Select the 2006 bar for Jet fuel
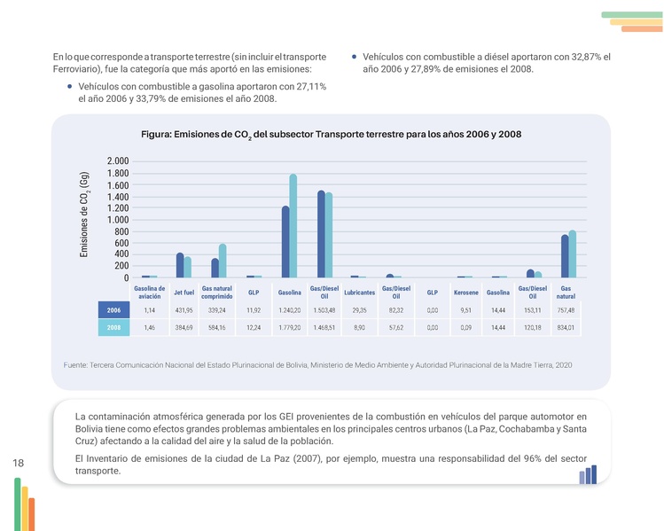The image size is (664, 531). tap(180, 266)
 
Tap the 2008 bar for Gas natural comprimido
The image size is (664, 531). tap(223, 262)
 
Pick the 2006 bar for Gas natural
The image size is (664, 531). tap(565, 256)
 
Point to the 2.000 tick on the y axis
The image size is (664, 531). tap(117, 161)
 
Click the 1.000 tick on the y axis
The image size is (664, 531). tap(117, 220)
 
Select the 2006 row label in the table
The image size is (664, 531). tap(113, 310)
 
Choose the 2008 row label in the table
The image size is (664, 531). tap(113, 328)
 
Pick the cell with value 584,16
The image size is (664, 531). tap(217, 328)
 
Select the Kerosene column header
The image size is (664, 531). tap(466, 293)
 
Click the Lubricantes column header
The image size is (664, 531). tap(359, 293)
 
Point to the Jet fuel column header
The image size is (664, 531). tap(184, 293)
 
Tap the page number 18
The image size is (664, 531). tap(19, 463)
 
